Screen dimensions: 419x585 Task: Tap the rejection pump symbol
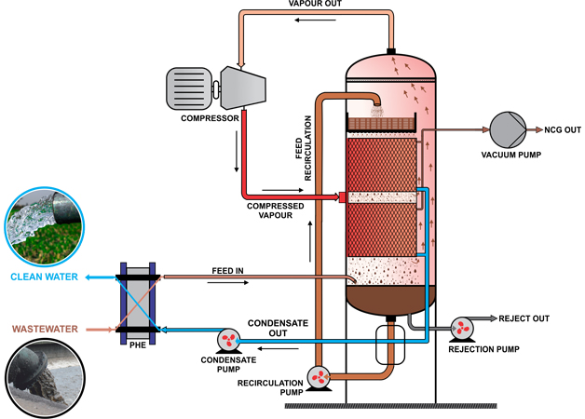(463, 327)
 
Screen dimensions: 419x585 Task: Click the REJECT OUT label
(524, 318)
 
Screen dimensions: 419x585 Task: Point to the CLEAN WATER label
(43, 277)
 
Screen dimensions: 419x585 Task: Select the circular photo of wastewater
(42, 378)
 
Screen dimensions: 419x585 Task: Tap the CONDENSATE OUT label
(272, 329)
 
